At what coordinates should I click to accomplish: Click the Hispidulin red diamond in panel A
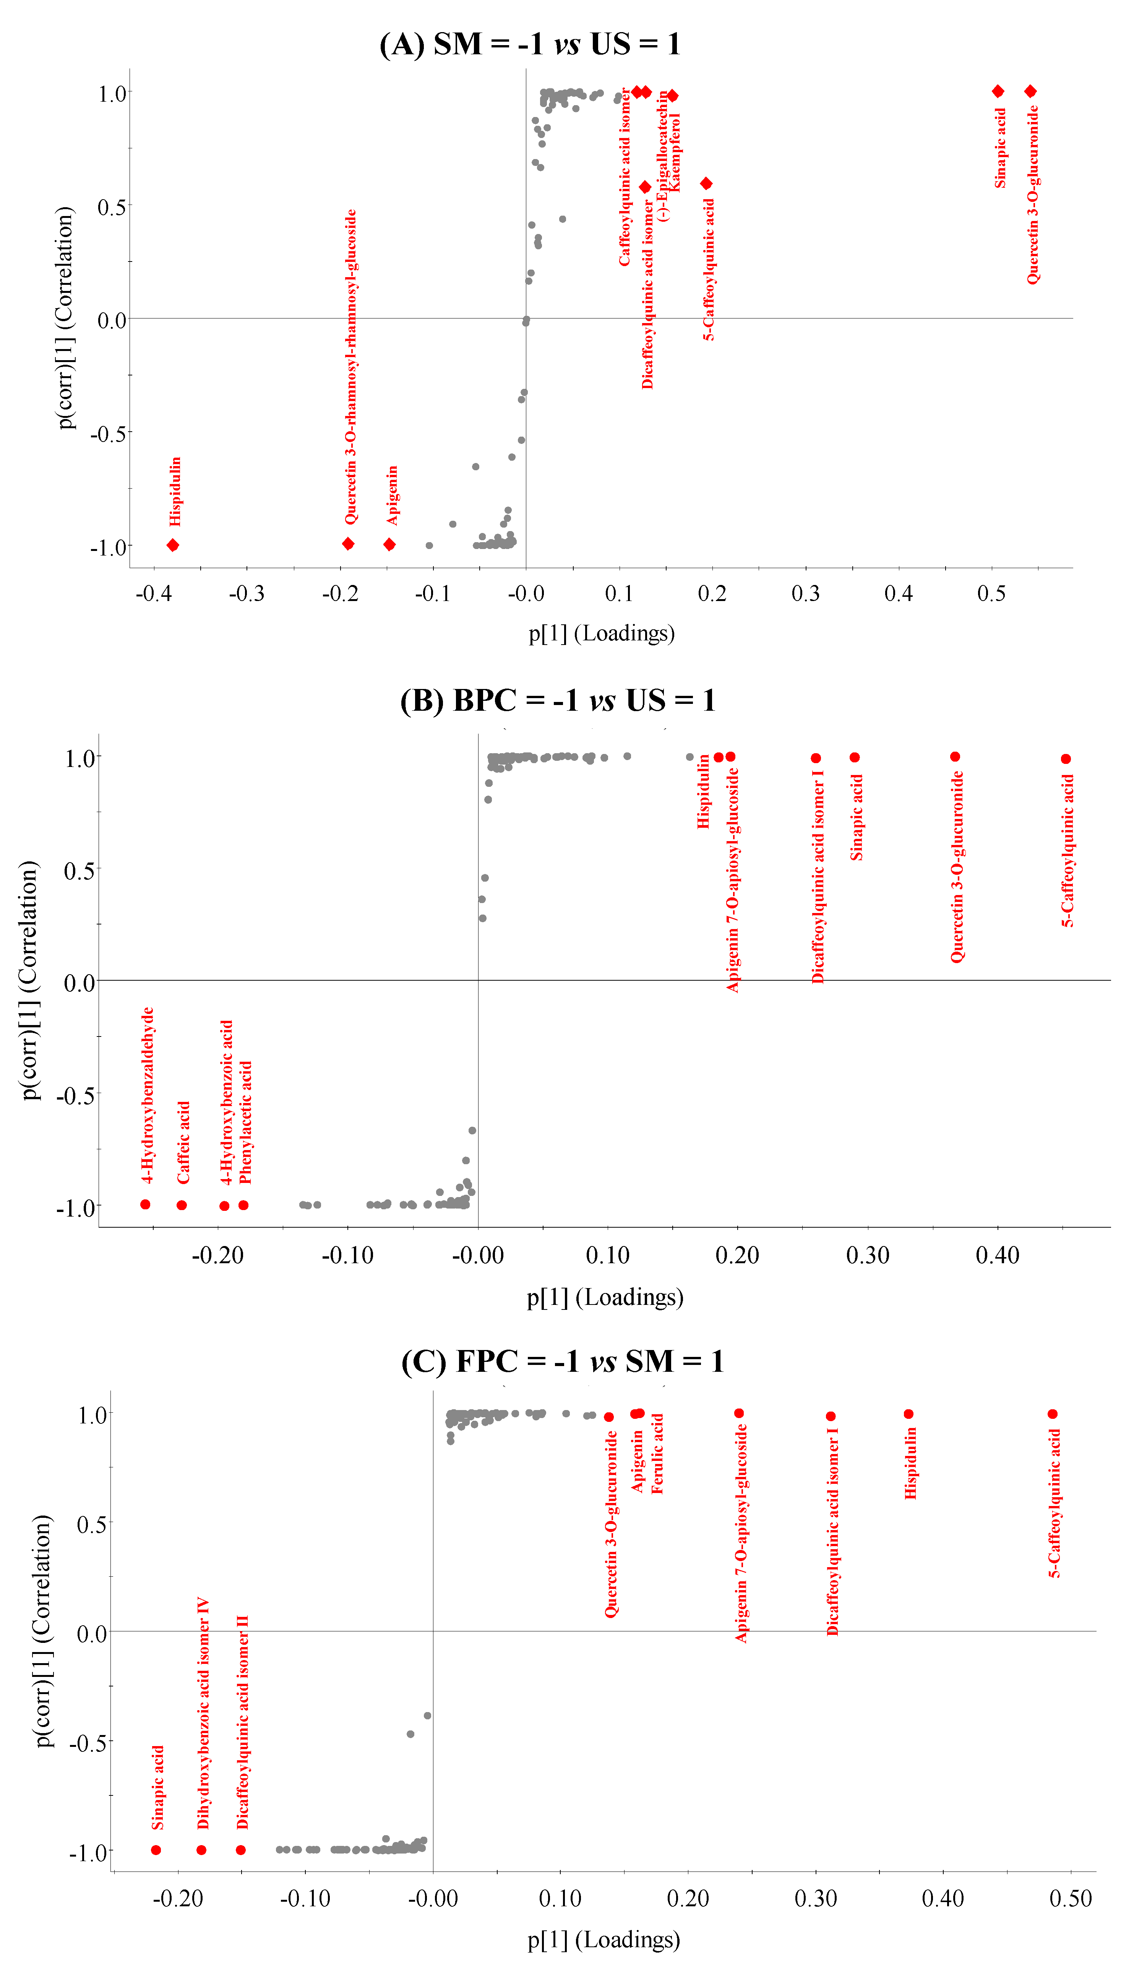[x=173, y=545]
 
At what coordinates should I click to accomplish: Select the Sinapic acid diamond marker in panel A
[x=998, y=91]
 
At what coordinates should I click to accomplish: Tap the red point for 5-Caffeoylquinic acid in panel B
[x=1066, y=759]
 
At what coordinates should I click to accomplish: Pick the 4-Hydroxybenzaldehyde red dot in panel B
[x=145, y=1204]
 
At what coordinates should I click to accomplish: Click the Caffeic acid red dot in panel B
[x=182, y=1205]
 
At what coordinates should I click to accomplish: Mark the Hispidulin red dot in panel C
[x=908, y=1413]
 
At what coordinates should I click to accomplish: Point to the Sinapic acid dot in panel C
[x=156, y=1850]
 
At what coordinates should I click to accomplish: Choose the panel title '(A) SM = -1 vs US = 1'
[x=530, y=44]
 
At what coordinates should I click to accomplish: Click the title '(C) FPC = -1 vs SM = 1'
[x=562, y=1361]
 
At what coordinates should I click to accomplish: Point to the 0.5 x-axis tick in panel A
[x=991, y=593]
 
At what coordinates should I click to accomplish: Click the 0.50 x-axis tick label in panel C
[x=1070, y=1898]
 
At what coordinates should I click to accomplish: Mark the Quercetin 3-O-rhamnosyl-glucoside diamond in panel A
[x=348, y=544]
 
